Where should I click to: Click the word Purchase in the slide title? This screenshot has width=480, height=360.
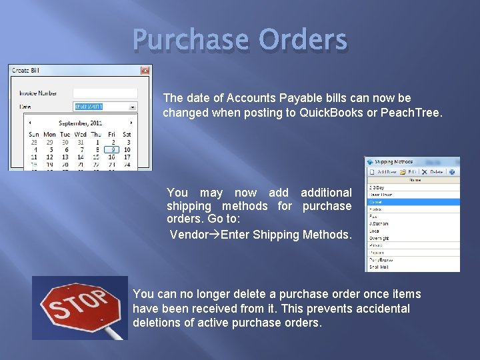(190, 40)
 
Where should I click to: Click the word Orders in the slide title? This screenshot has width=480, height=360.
(303, 40)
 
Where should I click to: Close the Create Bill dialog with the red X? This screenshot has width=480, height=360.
(145, 71)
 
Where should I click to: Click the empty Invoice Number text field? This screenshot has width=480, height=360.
(105, 93)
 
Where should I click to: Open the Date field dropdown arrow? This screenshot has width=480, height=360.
(133, 107)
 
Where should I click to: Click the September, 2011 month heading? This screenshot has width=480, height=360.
(80, 123)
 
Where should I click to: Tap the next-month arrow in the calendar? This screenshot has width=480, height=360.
(131, 123)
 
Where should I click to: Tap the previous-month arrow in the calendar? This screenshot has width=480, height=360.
(30, 123)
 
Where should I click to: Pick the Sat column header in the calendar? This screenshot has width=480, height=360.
(127, 134)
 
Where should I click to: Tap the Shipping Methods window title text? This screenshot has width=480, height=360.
(393, 162)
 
